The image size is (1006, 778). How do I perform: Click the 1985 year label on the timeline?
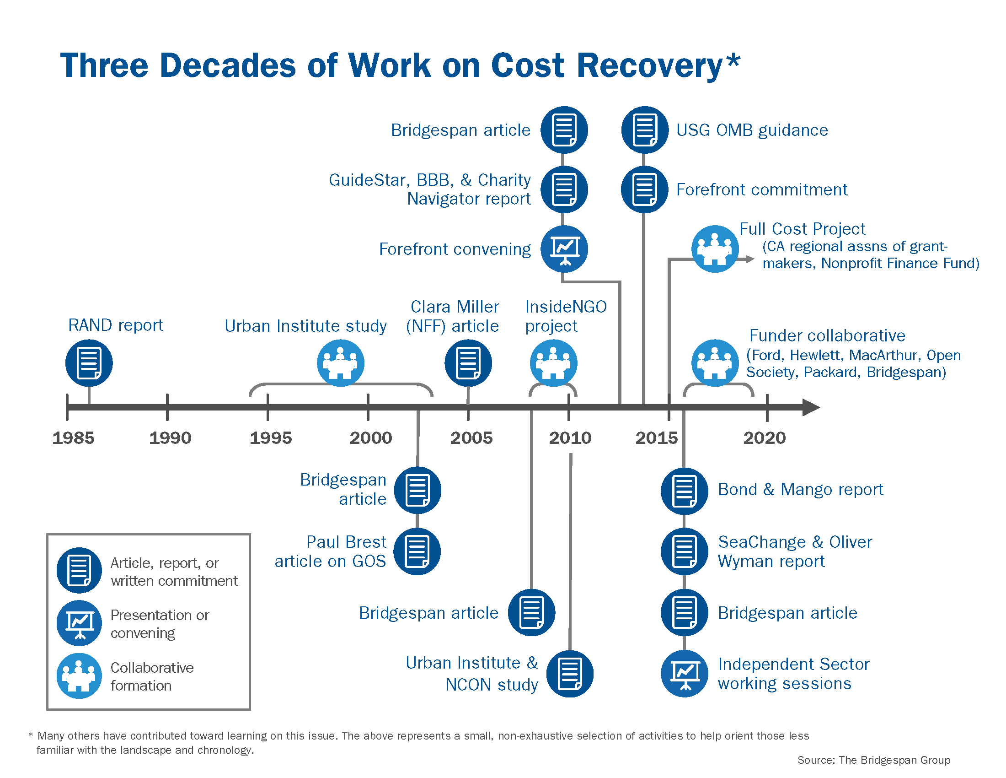point(73,438)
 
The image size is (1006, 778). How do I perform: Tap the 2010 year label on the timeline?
point(570,438)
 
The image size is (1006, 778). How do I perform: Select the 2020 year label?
point(765,438)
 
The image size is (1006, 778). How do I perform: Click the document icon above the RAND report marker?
point(89,363)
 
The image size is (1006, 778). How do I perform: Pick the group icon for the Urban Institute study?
point(340,363)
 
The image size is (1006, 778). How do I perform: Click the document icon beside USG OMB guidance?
point(644,130)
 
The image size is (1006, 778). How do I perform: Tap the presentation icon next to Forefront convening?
point(564,249)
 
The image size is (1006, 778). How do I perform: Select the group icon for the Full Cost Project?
point(715,249)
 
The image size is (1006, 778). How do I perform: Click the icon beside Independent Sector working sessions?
point(685,673)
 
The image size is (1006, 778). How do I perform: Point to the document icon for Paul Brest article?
point(417,551)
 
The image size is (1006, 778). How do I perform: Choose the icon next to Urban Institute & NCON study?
point(570,673)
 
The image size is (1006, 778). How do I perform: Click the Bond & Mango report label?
point(801,489)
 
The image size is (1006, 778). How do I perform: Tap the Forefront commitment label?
point(762,189)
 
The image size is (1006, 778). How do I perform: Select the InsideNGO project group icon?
point(554,363)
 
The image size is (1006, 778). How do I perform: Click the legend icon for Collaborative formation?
point(79,675)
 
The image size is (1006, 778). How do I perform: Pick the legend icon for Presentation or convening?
point(79,623)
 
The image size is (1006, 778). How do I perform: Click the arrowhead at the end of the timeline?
point(811,407)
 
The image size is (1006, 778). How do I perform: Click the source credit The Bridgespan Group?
point(894,760)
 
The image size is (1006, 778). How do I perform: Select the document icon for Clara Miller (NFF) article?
point(468,363)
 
